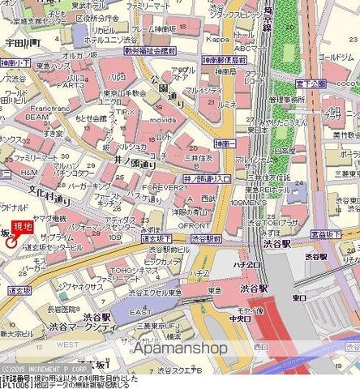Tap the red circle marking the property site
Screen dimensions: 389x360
pos(10,240)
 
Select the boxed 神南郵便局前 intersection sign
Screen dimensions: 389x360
pos(222,60)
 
